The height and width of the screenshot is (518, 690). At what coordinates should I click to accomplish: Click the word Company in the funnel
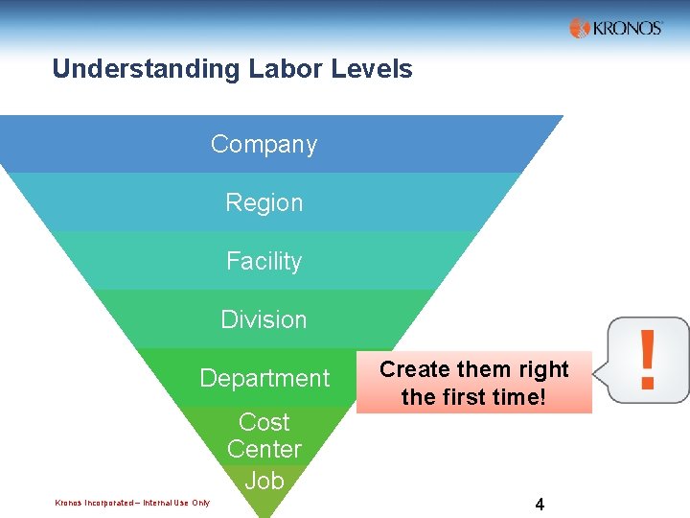(x=264, y=145)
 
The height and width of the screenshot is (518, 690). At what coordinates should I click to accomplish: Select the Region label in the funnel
(x=264, y=203)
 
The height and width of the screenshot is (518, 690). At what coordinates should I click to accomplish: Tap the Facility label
(x=264, y=261)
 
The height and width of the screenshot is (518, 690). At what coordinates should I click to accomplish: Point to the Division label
(x=264, y=319)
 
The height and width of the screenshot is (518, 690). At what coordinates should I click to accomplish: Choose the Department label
(x=264, y=378)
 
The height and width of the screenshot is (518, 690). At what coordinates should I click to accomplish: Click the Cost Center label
(x=264, y=436)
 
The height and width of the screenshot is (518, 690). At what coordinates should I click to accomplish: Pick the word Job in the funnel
(x=264, y=481)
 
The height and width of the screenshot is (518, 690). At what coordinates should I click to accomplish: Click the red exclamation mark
(x=648, y=360)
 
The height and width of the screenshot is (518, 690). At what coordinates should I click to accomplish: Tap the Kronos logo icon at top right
(x=579, y=29)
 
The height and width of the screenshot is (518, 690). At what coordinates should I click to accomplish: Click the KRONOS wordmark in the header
(x=627, y=29)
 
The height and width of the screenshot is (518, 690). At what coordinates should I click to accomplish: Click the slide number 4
(x=540, y=504)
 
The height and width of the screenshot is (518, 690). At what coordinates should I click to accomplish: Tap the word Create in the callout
(x=412, y=369)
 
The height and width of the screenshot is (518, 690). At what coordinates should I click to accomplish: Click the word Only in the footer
(x=201, y=503)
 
